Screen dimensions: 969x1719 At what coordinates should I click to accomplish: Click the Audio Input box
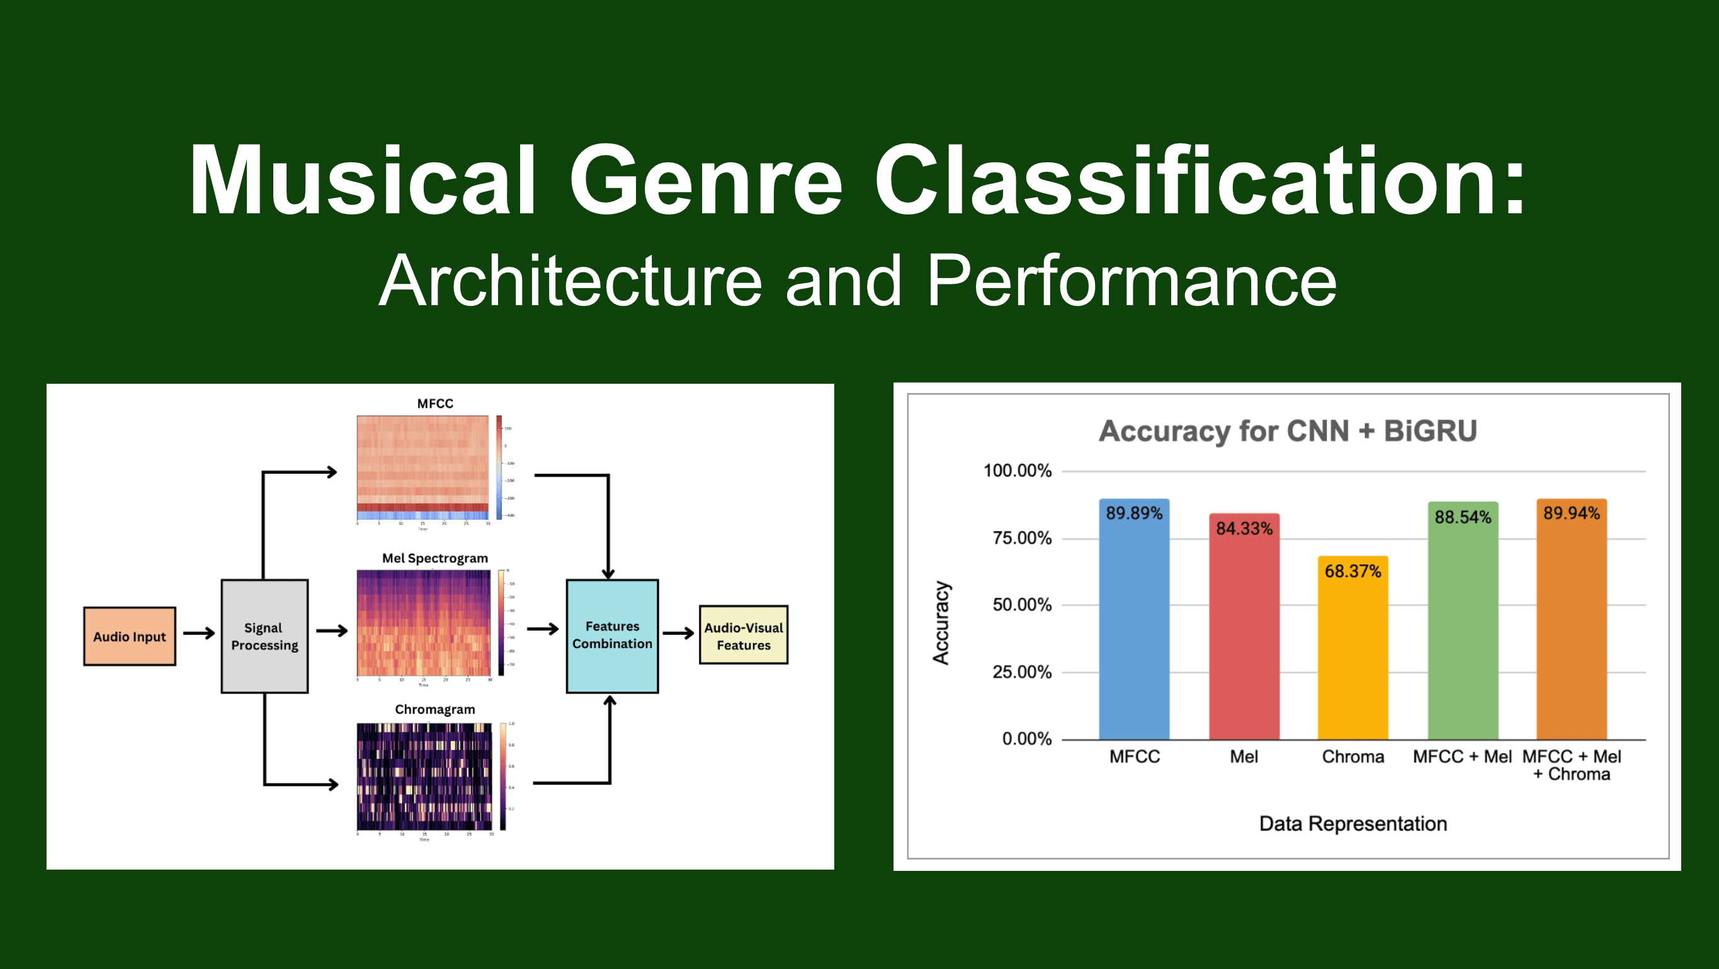click(x=130, y=636)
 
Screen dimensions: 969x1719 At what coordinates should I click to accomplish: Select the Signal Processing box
click(x=264, y=636)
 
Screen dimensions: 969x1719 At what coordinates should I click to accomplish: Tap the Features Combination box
click(x=612, y=636)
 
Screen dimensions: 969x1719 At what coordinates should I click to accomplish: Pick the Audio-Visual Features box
click(x=744, y=636)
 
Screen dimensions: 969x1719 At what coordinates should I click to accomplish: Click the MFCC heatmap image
click(x=423, y=468)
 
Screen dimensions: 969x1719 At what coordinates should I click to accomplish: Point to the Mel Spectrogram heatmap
click(x=423, y=623)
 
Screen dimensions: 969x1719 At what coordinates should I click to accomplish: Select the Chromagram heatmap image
click(x=424, y=776)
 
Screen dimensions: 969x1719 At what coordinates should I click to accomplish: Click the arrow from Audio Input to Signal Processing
click(x=199, y=633)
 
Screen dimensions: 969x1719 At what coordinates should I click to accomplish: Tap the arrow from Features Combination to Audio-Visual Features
click(x=679, y=633)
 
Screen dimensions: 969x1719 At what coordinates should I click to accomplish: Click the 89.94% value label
click(x=1572, y=513)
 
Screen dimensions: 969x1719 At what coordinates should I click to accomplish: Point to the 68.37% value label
click(x=1353, y=571)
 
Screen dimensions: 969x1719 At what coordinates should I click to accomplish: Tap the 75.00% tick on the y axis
click(x=1022, y=537)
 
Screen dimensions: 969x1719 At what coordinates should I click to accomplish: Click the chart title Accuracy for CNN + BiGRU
click(x=1287, y=431)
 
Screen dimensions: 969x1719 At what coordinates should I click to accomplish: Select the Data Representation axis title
click(x=1353, y=824)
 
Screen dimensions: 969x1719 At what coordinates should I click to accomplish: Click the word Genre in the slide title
click(x=705, y=180)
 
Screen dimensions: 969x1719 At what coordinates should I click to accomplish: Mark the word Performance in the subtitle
click(x=1131, y=281)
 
